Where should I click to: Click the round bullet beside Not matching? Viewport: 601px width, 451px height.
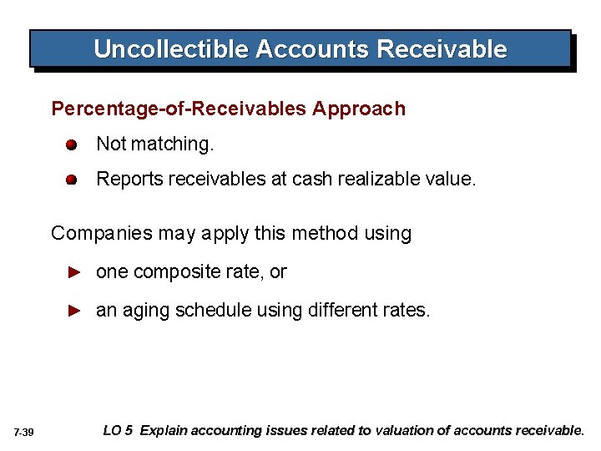(x=73, y=144)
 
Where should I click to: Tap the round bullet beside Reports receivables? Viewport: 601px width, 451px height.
(x=73, y=179)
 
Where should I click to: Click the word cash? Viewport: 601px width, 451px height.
(x=311, y=179)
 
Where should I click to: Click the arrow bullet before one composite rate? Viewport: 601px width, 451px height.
(x=73, y=271)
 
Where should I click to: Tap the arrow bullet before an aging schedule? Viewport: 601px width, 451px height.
(x=73, y=311)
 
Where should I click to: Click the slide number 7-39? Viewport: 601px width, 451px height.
(x=23, y=433)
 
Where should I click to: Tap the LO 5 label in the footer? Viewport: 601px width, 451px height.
(x=117, y=431)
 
